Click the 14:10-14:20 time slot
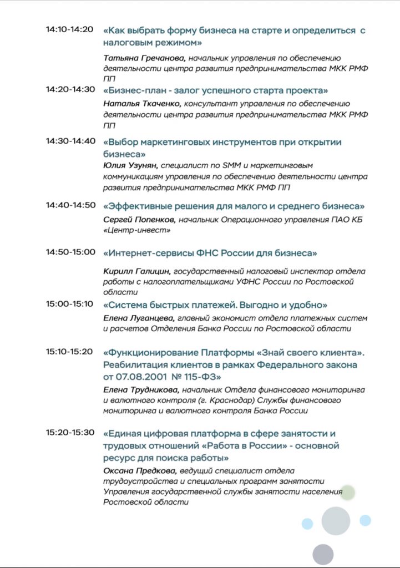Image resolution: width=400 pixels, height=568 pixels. coord(69,29)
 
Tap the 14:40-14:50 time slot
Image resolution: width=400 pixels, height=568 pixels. coord(71,205)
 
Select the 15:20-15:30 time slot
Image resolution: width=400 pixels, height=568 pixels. coord(70,433)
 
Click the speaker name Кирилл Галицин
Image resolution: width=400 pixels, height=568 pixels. coord(136,271)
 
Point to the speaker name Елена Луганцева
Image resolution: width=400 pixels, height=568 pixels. coord(139,318)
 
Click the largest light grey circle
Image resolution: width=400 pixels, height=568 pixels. coord(336,521)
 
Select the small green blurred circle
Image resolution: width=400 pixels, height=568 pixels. coord(347,493)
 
